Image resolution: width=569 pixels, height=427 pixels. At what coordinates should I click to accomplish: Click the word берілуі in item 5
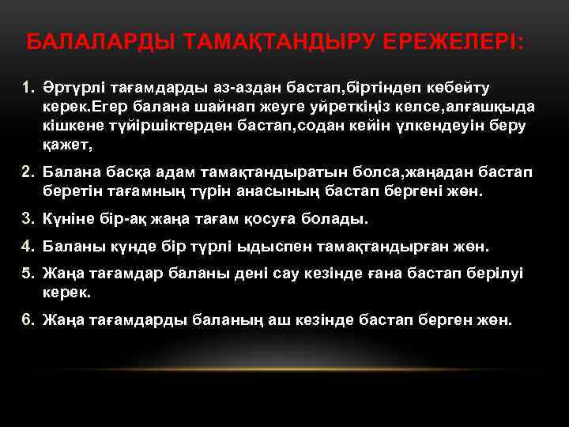tap(495, 273)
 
